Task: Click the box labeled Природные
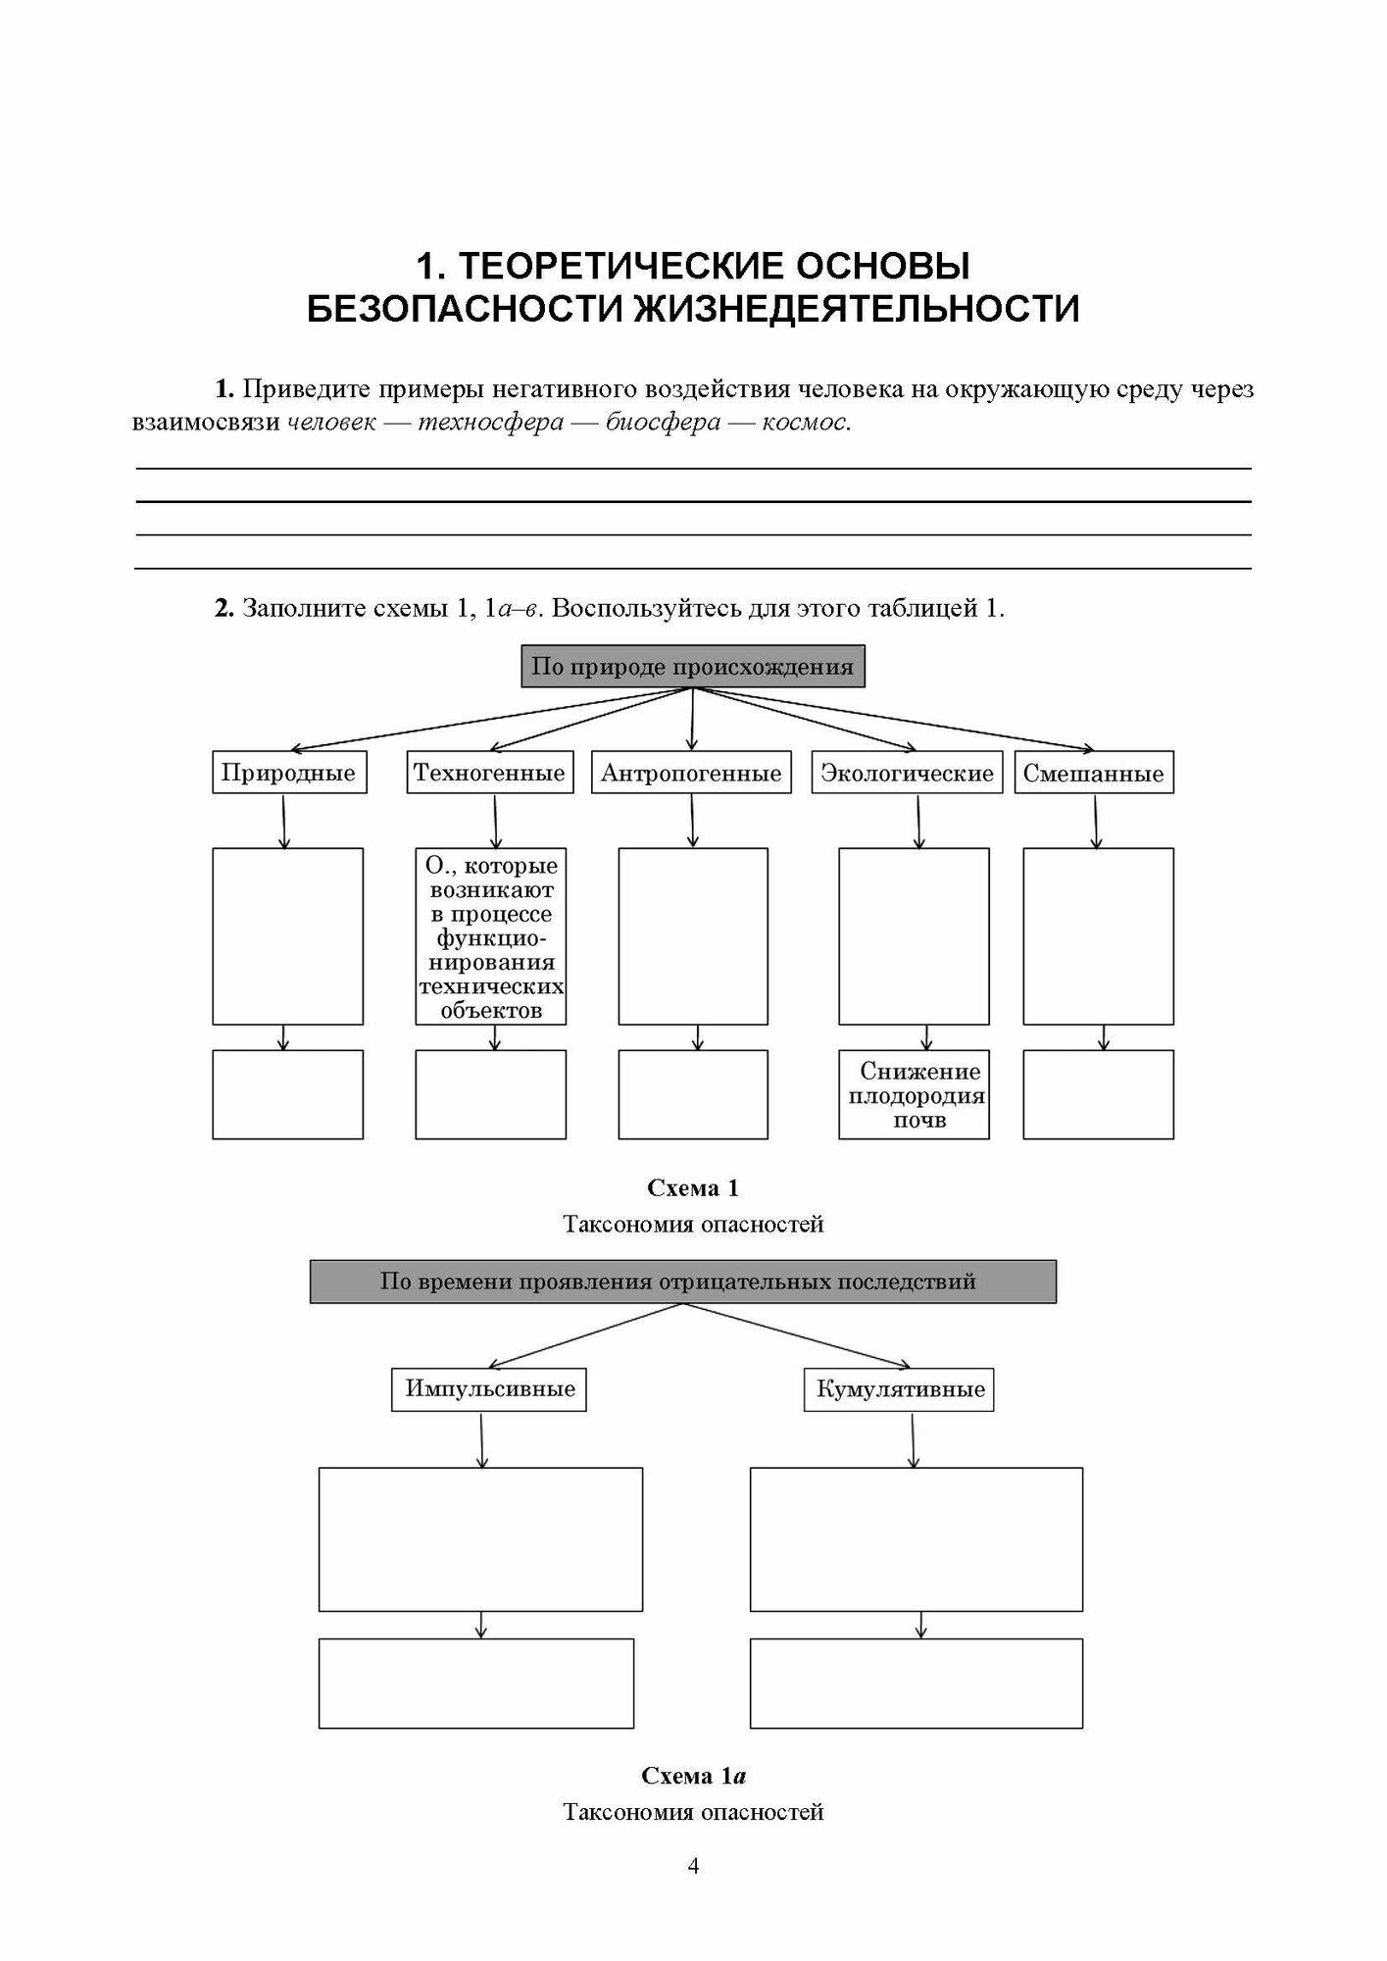pos(288,773)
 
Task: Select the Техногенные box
pos(489,773)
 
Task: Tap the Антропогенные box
pos(691,773)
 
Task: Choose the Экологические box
pos(907,773)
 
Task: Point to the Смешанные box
pos(1093,773)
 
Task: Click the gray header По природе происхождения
pos(692,667)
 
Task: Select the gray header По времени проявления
pos(682,1282)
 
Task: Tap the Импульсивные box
pos(489,1389)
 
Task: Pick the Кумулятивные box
pos(899,1389)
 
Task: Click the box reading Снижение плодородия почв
pos(914,1095)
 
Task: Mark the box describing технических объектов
pos(490,936)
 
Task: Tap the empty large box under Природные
pos(287,936)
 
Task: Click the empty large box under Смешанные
pos(1098,936)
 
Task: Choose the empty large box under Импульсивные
pos(480,1539)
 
